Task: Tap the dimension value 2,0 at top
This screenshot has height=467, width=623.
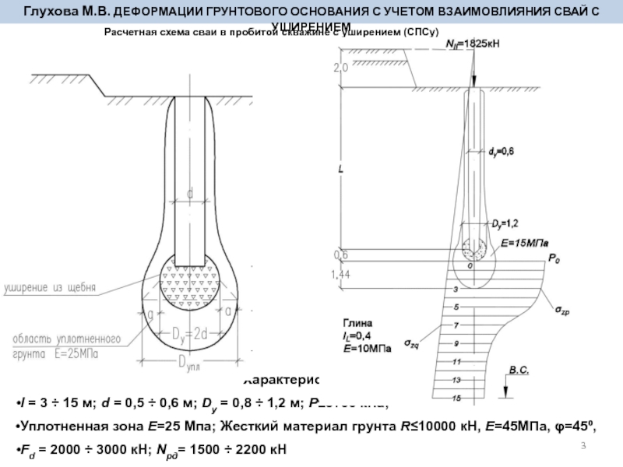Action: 340,68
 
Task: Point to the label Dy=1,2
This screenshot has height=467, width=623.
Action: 505,223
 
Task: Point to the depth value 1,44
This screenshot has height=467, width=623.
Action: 341,275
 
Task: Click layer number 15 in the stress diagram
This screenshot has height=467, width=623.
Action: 456,398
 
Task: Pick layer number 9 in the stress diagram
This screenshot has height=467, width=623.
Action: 456,342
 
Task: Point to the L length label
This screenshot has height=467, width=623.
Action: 341,168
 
